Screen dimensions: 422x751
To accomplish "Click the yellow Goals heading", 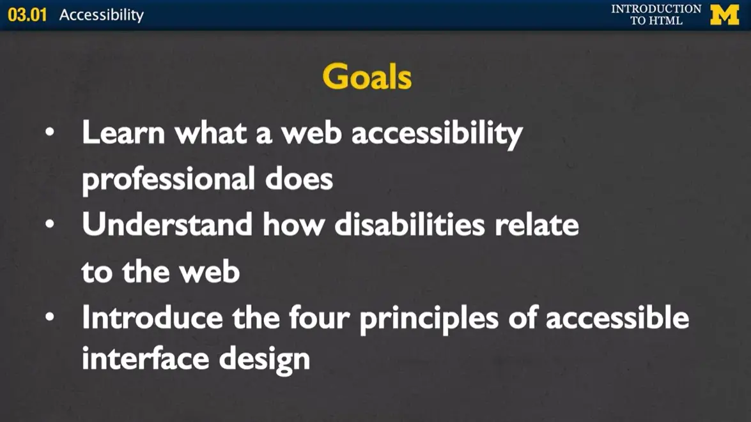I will (367, 77).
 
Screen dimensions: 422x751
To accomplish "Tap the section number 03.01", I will (27, 15).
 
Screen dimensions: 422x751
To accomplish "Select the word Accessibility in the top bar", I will (101, 15).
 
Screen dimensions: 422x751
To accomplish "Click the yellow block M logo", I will (724, 14).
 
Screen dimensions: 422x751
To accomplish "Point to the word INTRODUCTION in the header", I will (656, 9).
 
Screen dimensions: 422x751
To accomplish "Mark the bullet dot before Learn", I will (49, 133).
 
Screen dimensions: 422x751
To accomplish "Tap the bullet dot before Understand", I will (49, 225).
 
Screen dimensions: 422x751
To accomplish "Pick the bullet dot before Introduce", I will (49, 317).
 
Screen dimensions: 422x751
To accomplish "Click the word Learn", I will (123, 133).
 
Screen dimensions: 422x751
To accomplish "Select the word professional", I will (167, 180).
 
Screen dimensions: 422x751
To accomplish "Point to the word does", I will (298, 180).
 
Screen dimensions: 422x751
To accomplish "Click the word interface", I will (145, 359).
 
